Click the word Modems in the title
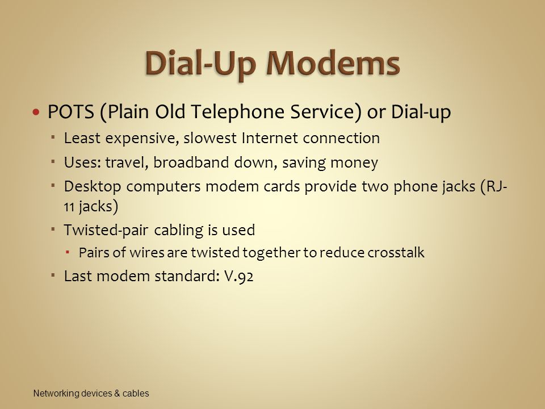coord(333,64)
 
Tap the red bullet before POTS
coord(36,112)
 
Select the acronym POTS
coord(70,112)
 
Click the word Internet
coord(270,138)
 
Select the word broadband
coord(191,162)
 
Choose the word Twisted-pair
coord(106,230)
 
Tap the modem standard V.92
coord(239,277)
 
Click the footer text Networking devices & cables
coord(91,393)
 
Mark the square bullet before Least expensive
coord(52,137)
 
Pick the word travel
coord(127,163)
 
